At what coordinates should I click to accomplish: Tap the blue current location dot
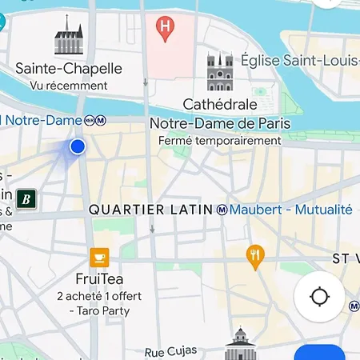78,146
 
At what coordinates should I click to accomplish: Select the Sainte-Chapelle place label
69,69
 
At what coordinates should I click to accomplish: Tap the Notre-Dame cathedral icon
219,74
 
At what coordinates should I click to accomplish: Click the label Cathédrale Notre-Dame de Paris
219,114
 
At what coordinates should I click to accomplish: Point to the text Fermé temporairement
219,141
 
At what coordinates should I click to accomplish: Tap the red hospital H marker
166,30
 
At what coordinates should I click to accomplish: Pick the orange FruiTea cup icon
99,257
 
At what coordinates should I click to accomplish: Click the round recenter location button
319,297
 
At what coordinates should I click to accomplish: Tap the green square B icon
26,198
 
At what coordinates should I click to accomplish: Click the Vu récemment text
69,86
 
